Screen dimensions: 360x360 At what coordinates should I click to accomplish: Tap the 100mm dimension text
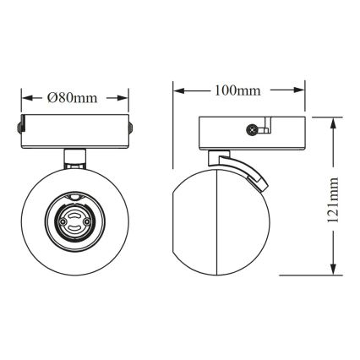coord(237,90)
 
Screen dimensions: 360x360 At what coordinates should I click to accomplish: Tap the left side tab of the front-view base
coord(19,129)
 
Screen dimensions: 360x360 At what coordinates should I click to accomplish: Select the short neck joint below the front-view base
coord(74,155)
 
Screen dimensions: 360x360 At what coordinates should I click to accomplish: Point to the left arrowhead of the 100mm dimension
coord(177,90)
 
